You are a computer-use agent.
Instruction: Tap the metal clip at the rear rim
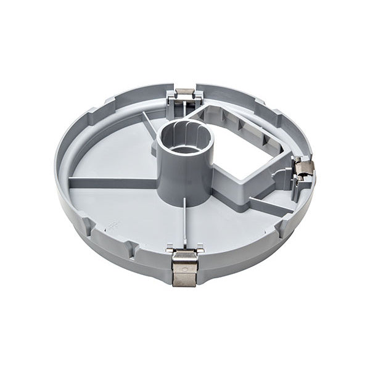coord(185,94)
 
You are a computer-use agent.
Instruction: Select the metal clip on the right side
coord(304,167)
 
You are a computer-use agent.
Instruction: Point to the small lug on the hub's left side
coord(154,149)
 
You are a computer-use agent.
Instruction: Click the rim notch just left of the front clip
coord(133,249)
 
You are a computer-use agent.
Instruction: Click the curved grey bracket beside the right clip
coord(285,179)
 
